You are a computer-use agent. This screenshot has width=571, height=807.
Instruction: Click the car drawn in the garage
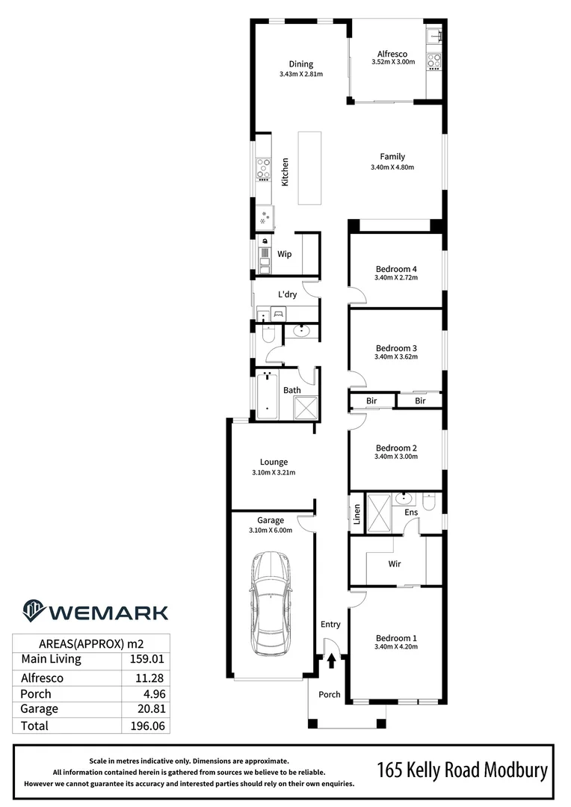(271, 605)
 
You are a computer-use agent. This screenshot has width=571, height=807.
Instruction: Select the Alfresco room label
(392, 53)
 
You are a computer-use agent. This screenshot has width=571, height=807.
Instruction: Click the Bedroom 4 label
(395, 268)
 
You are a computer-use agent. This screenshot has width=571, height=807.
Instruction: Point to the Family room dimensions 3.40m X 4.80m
(392, 167)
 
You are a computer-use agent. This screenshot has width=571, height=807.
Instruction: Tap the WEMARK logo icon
(34, 611)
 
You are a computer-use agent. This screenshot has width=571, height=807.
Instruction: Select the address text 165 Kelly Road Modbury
(462, 770)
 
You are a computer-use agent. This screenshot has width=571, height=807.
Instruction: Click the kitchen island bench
(309, 167)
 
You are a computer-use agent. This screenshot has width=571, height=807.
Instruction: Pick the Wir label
(395, 563)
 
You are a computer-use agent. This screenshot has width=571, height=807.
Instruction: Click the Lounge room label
(274, 462)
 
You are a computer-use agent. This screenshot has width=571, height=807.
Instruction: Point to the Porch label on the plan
(330, 694)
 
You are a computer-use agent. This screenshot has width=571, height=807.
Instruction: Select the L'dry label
(288, 295)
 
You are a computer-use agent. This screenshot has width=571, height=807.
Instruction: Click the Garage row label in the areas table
(39, 708)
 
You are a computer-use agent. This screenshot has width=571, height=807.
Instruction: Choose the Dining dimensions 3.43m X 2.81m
(300, 75)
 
